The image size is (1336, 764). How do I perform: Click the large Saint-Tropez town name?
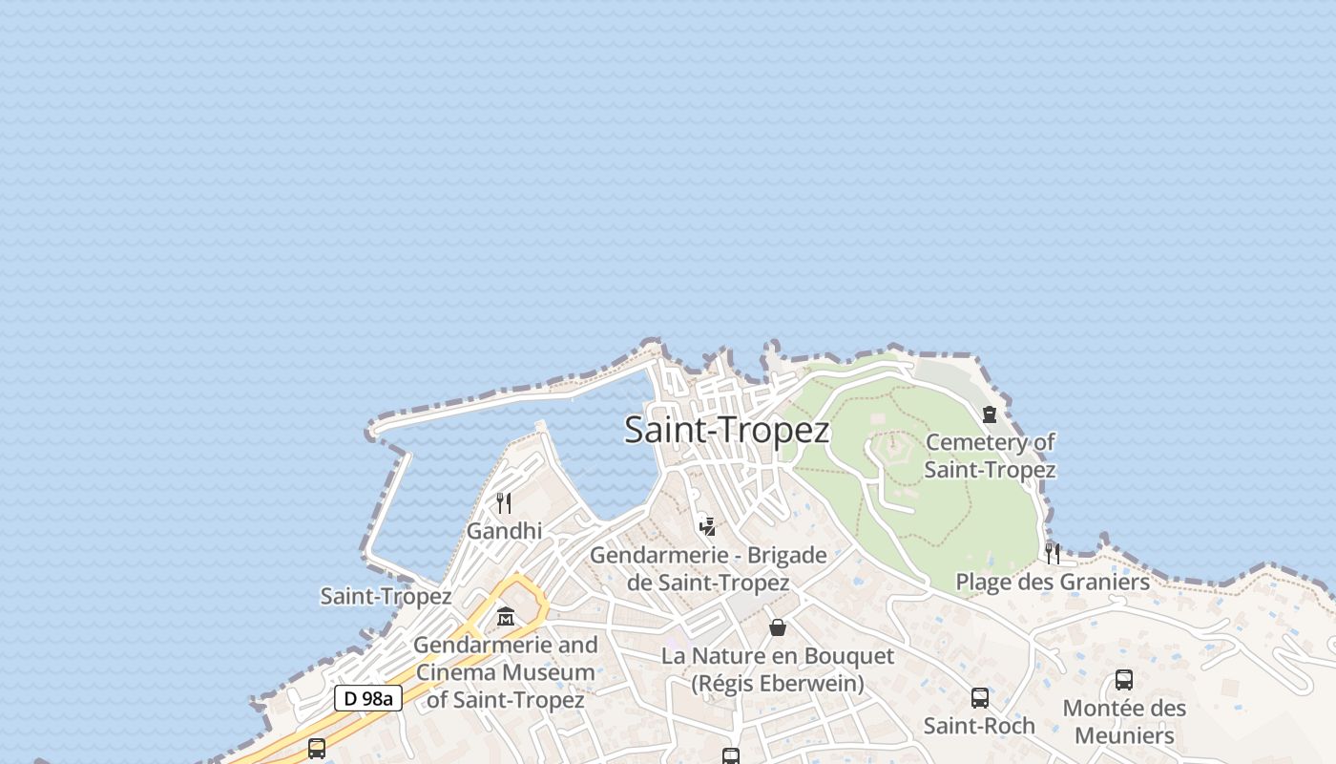pos(726,430)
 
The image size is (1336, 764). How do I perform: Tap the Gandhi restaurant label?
pos(504,531)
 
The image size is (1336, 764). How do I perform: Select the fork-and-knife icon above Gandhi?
pos(504,502)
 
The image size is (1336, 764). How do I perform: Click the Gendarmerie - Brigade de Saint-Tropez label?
pos(708,568)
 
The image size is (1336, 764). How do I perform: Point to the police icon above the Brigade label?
pos(707,524)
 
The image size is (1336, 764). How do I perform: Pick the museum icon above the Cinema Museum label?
pos(506,617)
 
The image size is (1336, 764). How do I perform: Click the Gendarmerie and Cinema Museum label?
pos(506,672)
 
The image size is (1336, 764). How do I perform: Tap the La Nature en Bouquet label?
pos(778,669)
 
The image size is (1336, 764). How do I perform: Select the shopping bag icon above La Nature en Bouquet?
pos(778,627)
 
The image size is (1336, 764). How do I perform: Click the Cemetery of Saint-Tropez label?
pos(990,456)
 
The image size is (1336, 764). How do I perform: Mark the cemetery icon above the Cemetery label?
pos(990,414)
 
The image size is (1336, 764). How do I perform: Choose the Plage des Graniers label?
pos(1053,582)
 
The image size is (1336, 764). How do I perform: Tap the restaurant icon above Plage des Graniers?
pos(1052,552)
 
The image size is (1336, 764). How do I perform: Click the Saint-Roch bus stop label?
pos(979,726)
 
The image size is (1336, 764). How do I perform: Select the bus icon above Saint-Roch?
pos(980,698)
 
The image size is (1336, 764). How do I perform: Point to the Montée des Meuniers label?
pos(1124,722)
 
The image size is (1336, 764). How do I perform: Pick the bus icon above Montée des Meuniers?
pos(1124,680)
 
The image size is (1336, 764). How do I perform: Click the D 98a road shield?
pos(368,698)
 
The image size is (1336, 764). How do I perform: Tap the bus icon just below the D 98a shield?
pos(317,749)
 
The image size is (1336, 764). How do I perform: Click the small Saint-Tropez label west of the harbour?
pos(386,597)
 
